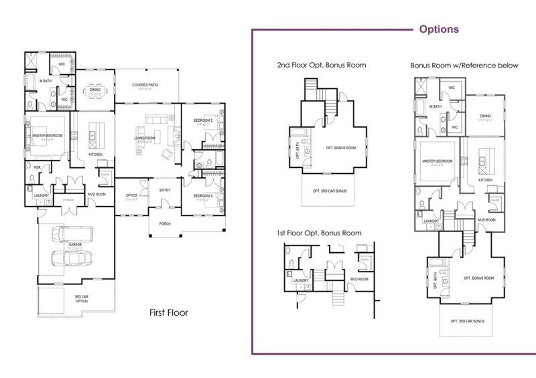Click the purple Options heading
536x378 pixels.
click(x=439, y=29)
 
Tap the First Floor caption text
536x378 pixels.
click(x=169, y=312)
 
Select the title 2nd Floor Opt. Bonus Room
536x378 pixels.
click(x=322, y=66)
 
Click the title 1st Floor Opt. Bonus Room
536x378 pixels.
click(x=319, y=233)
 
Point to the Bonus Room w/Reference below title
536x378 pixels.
click(x=460, y=66)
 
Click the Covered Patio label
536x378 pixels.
click(x=145, y=85)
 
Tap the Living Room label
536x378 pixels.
click(x=145, y=138)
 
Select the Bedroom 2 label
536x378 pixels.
click(x=203, y=120)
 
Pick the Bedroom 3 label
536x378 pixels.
click(x=203, y=195)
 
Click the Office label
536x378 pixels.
click(x=131, y=195)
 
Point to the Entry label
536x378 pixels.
click(x=165, y=190)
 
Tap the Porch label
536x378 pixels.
click(x=165, y=223)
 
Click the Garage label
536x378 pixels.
click(x=75, y=245)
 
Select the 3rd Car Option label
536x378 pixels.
click(x=80, y=299)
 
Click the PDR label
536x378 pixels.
click(x=29, y=167)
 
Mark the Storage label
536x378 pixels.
click(x=68, y=199)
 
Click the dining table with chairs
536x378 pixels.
click(x=94, y=92)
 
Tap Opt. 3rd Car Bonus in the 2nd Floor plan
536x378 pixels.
click(x=329, y=191)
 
